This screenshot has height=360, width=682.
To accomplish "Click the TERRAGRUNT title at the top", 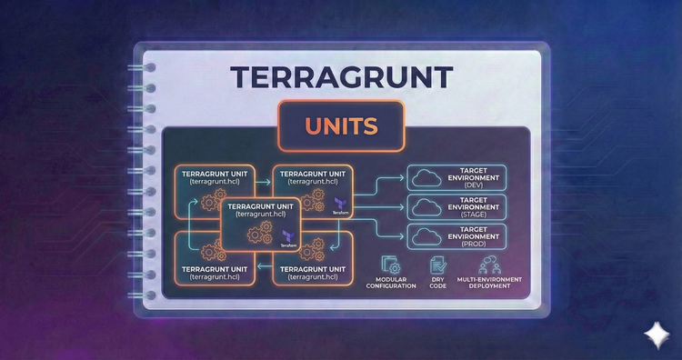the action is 340,76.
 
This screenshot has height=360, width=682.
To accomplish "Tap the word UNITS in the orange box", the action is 340,126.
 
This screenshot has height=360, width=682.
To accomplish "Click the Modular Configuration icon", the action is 391,265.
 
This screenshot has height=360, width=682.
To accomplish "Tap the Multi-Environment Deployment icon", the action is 483,265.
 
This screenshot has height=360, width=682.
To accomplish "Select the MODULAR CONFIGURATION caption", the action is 391,282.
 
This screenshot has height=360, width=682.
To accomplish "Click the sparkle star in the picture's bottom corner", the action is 654,335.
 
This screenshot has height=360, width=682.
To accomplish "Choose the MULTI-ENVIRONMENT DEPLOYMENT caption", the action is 483,282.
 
